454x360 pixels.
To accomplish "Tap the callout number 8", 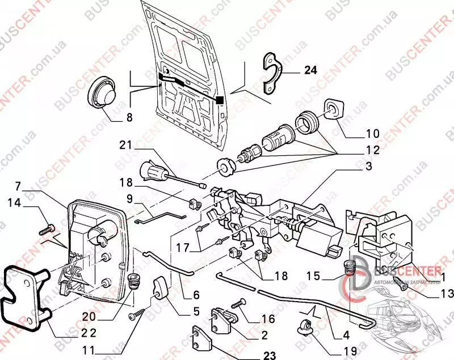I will (129, 118).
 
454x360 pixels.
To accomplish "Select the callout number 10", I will (372, 134).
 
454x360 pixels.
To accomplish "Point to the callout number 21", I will (125, 146).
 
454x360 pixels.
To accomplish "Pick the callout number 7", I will (18, 185).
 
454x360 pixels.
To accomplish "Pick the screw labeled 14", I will (46, 230).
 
